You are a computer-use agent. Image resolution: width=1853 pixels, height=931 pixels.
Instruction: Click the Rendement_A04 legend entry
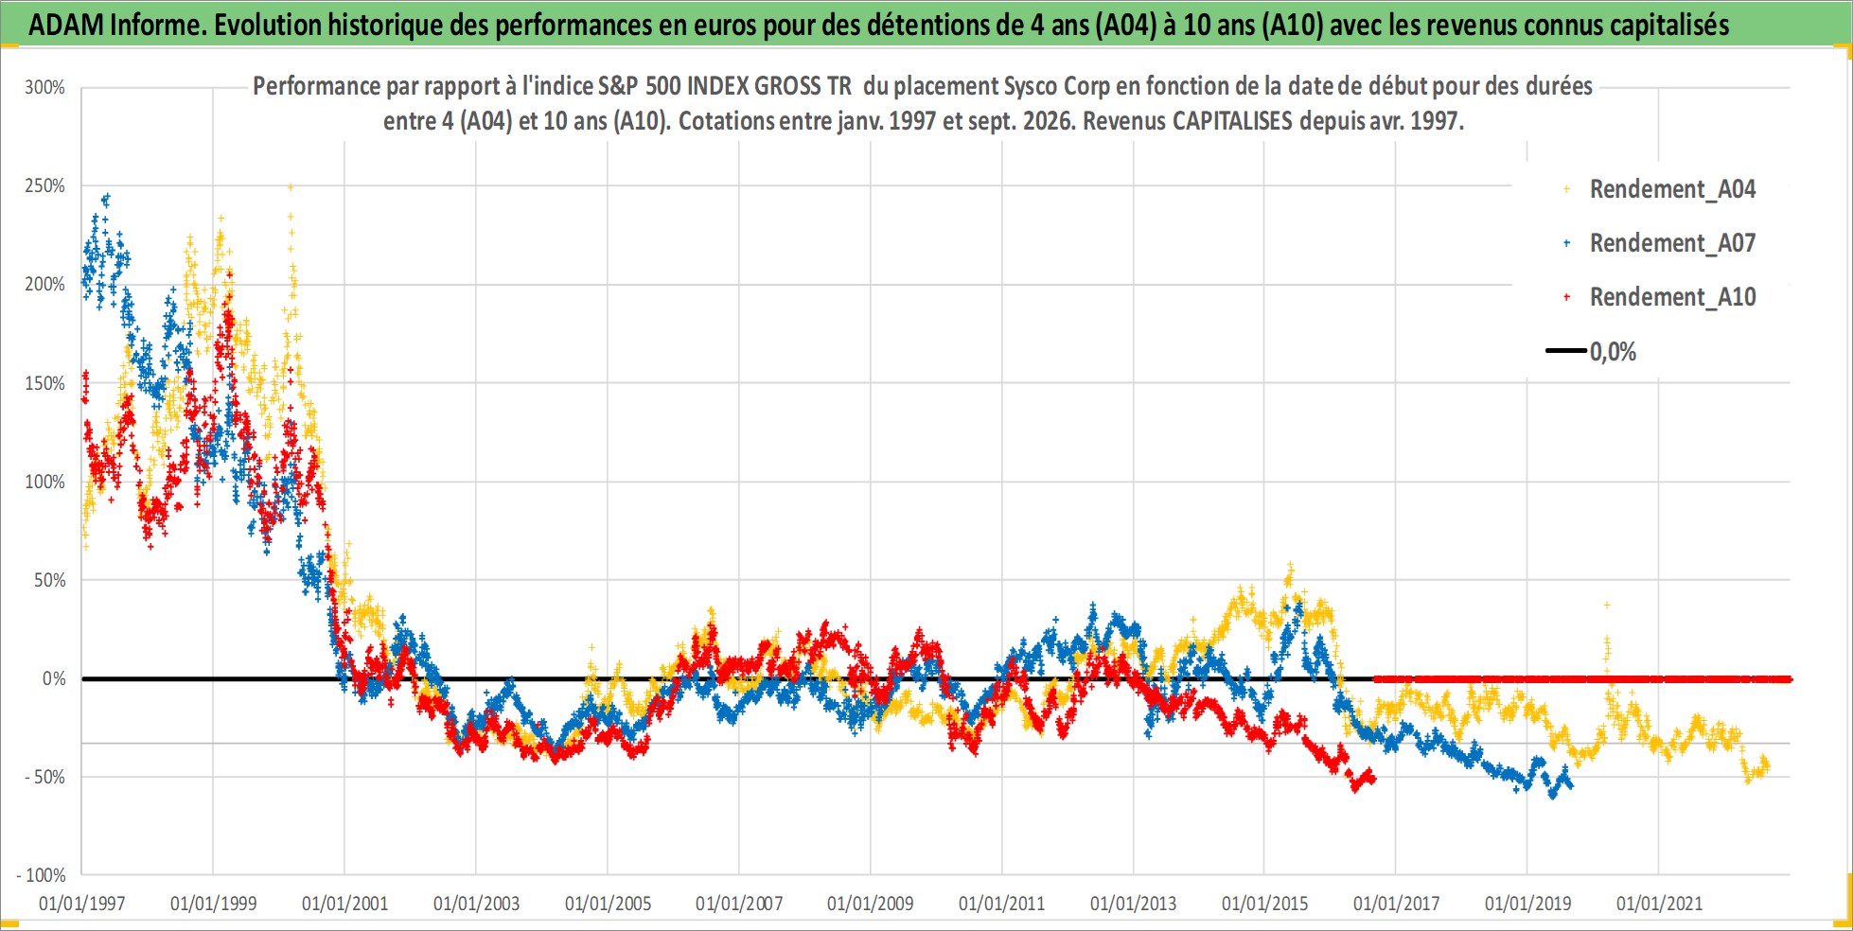1659,189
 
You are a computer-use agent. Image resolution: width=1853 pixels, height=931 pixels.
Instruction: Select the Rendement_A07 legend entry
1659,243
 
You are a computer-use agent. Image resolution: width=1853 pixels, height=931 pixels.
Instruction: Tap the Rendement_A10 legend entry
1659,297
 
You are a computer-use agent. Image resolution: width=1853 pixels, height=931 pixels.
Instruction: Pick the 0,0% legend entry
1591,352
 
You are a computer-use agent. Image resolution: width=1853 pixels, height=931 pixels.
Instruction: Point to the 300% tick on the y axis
44,88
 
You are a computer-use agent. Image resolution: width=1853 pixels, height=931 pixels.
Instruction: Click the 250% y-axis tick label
44,186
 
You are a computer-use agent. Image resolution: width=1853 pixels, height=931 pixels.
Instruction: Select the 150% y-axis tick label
44,383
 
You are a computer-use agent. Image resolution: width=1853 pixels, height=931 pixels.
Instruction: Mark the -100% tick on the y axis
41,876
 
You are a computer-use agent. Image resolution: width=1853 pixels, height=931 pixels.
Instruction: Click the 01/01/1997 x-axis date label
81,904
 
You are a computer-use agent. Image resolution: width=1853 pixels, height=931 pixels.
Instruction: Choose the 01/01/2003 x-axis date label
476,904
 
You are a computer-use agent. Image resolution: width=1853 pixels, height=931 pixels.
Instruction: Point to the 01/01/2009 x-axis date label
870,904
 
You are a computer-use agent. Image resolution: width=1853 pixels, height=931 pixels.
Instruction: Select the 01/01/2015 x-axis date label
1264,904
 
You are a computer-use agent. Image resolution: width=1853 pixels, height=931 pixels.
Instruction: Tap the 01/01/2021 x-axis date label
1659,904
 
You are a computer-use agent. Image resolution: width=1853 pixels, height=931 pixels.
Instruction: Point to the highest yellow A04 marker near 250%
291,187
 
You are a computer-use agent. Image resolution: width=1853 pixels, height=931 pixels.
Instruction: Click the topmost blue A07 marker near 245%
107,197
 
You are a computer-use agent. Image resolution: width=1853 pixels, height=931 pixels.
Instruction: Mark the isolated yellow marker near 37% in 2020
1606,605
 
